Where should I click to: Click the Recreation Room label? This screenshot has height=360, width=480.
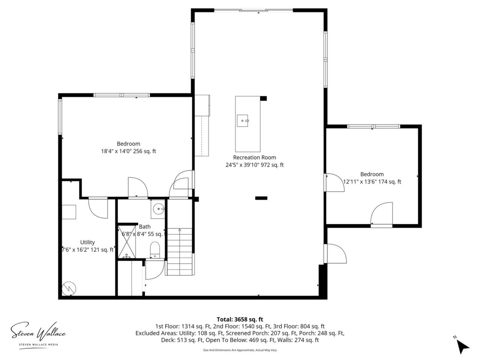(x=255, y=157)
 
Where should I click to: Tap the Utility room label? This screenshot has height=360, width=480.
(x=87, y=242)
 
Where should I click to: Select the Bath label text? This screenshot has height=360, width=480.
(x=144, y=226)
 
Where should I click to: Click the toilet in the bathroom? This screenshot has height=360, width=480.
(x=155, y=250)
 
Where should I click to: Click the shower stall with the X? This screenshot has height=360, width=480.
(x=127, y=242)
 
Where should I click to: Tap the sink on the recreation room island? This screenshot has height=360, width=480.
(x=243, y=121)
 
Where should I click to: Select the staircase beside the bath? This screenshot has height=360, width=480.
(x=180, y=252)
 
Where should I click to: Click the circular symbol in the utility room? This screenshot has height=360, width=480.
(x=69, y=289)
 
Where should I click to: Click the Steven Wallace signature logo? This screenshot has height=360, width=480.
(x=38, y=333)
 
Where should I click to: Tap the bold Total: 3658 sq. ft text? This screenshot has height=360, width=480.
(x=240, y=319)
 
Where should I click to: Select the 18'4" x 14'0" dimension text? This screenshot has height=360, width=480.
(x=128, y=151)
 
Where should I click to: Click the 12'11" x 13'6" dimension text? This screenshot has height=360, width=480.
(x=372, y=181)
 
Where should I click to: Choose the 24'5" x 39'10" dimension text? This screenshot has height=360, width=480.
(x=255, y=165)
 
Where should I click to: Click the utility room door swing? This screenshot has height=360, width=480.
(x=98, y=208)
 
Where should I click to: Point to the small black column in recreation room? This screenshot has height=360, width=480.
(x=261, y=198)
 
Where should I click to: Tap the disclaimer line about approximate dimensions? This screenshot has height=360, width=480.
(x=240, y=350)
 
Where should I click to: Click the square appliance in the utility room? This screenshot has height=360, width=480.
(x=69, y=212)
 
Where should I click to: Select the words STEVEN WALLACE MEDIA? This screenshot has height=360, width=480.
(x=39, y=345)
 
